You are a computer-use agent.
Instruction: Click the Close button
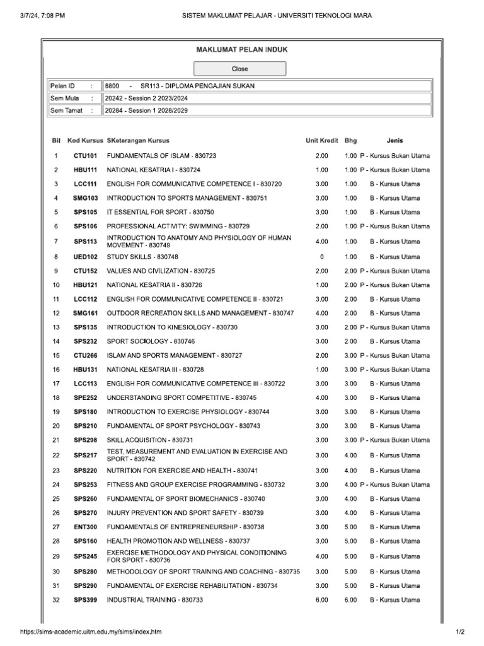[239, 69]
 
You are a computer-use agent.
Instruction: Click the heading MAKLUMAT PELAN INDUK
[239, 49]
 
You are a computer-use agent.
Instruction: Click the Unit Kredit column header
[321, 141]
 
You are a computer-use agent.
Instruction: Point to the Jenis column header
[395, 141]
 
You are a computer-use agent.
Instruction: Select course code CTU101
[85, 156]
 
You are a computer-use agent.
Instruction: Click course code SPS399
[85, 600]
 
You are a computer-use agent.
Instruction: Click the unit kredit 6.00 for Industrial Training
[321, 600]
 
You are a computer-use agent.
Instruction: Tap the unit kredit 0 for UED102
[321, 257]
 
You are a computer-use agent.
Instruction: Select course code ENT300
[85, 527]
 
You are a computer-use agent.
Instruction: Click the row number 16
[56, 370]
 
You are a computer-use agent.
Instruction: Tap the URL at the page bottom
[91, 632]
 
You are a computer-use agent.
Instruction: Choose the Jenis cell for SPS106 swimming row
[395, 226]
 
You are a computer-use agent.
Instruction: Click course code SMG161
[85, 313]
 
